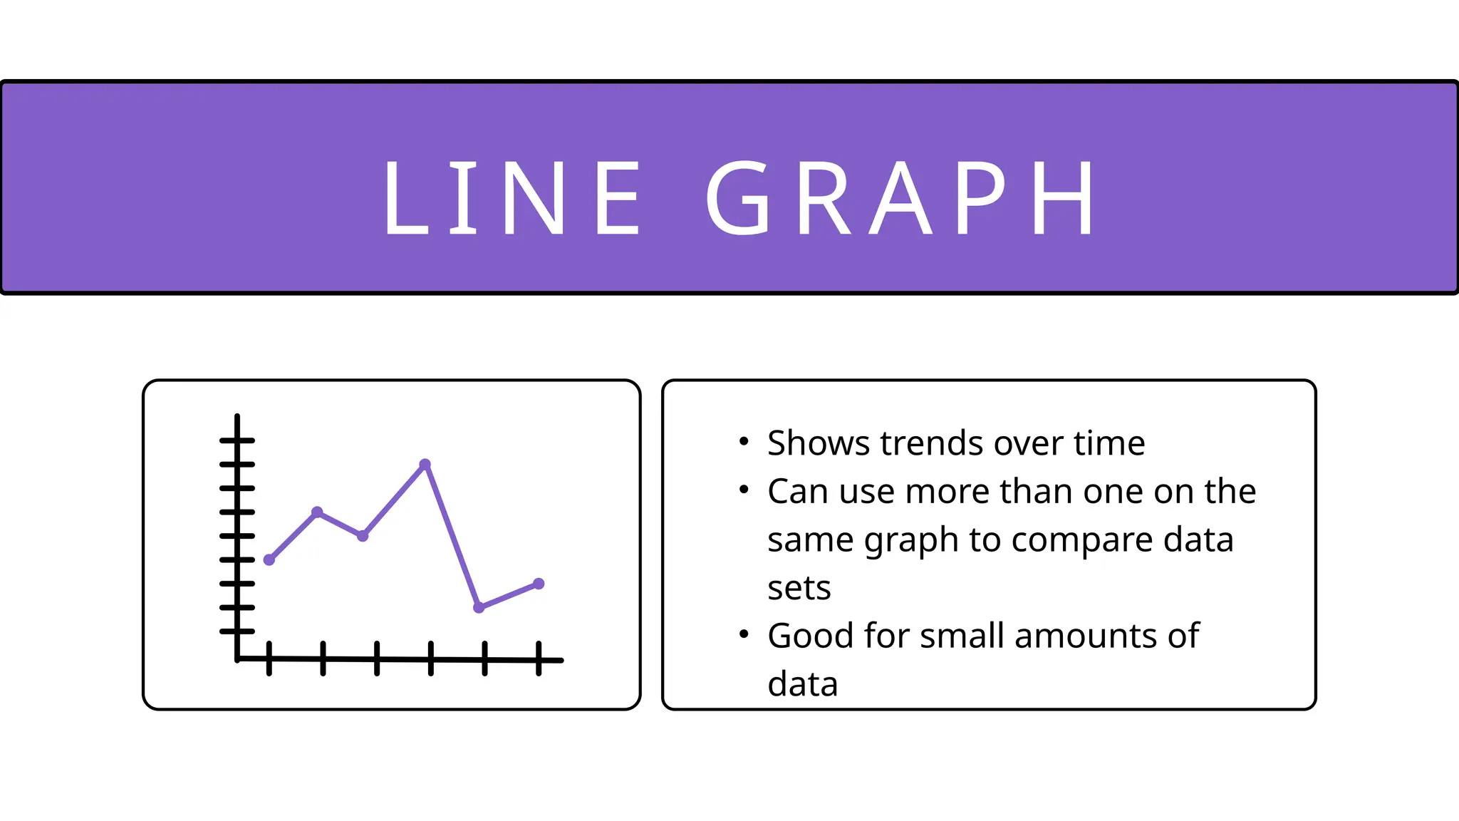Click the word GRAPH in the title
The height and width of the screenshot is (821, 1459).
coord(901,197)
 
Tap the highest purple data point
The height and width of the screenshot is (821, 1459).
coord(425,465)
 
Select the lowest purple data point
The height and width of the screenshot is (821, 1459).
coord(479,607)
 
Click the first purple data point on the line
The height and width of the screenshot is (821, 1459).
coord(269,560)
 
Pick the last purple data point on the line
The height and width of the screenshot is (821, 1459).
coord(539,584)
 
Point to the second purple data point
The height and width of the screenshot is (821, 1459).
coord(318,512)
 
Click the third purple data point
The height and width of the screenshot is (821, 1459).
coord(363,536)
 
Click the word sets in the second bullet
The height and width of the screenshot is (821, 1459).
coord(799,589)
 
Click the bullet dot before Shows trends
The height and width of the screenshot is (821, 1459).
coord(744,442)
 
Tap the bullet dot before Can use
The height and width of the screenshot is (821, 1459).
coord(744,490)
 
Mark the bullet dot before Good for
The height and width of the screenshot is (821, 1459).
coord(744,634)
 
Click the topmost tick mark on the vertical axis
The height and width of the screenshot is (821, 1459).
coord(237,440)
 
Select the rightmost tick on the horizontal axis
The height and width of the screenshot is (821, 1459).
coord(539,659)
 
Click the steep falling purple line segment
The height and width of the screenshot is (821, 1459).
coord(452,536)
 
